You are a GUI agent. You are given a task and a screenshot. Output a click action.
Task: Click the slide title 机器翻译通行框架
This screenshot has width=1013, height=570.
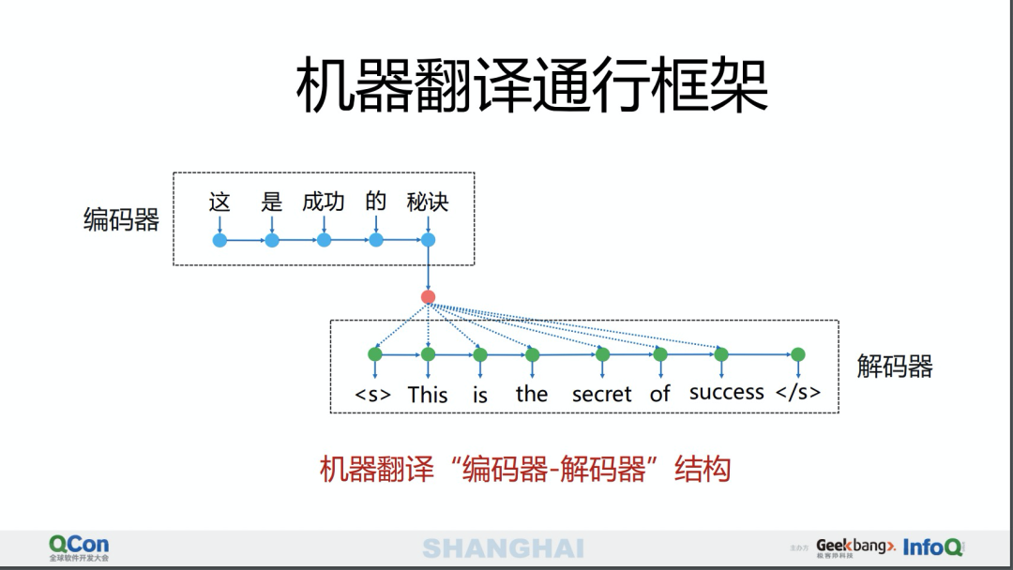[532, 85]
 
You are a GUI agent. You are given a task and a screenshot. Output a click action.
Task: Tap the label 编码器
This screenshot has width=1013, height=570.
[121, 219]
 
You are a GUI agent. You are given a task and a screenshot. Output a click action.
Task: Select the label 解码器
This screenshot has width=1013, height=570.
[895, 366]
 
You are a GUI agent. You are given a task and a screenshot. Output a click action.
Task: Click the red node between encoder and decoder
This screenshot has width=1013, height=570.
[429, 297]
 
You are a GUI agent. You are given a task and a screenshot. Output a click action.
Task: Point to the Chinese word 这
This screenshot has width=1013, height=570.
[219, 202]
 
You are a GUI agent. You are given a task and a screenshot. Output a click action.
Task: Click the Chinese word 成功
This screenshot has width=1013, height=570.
[324, 202]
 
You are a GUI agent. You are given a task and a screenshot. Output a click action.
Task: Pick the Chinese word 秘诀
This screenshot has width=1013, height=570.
[428, 202]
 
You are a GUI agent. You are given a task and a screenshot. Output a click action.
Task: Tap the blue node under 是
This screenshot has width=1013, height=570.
[272, 241]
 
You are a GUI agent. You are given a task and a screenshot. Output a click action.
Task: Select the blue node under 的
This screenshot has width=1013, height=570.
[376, 241]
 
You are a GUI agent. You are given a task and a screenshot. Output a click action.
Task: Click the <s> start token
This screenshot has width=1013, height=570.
[373, 395]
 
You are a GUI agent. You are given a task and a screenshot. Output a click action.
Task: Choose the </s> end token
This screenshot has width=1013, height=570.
[798, 393]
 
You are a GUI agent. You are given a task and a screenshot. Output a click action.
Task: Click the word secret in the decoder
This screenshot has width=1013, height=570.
[601, 395]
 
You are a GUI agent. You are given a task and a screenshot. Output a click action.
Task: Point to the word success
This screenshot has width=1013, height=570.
[727, 393]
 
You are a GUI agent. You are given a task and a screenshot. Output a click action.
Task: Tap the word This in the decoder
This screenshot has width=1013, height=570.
[428, 395]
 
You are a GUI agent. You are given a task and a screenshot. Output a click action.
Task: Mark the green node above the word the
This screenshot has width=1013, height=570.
[533, 354]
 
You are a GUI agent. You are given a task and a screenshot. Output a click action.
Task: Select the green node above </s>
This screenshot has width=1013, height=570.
[798, 354]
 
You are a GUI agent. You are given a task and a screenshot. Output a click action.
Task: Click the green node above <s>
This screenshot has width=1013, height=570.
[375, 354]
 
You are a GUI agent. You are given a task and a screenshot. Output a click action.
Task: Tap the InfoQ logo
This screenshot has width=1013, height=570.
[932, 547]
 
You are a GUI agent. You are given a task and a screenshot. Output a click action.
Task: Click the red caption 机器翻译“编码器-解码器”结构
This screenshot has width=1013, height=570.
[525, 469]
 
